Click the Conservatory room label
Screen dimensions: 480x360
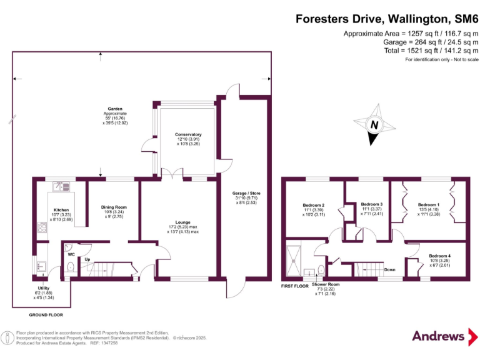click(x=188, y=134)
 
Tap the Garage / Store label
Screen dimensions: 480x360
click(x=246, y=193)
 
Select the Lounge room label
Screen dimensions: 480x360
click(x=182, y=222)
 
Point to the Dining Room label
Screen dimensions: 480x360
click(x=114, y=207)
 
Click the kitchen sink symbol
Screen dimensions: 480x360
click(x=61, y=186)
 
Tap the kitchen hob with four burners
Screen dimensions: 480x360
click(x=42, y=227)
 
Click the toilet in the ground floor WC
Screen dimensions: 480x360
click(x=71, y=267)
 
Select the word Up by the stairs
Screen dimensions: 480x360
click(x=87, y=259)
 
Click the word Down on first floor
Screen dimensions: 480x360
click(x=390, y=270)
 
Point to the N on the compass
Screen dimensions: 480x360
click(x=374, y=124)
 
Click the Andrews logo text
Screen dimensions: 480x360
click(x=438, y=336)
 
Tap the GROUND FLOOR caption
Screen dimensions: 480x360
click(x=46, y=315)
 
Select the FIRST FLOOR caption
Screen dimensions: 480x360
click(x=295, y=286)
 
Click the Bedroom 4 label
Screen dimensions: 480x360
click(x=439, y=256)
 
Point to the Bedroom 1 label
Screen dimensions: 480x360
click(x=429, y=205)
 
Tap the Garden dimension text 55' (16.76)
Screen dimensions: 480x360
click(x=115, y=118)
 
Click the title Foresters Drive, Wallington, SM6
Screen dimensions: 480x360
click(x=387, y=19)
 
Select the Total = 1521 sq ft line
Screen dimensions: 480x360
click(x=431, y=51)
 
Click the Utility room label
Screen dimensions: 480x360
click(x=44, y=288)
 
